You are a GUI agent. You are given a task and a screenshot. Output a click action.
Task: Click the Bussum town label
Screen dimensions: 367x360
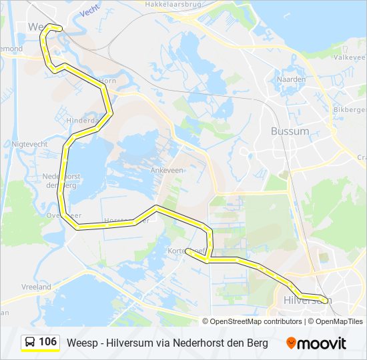pos(290,131)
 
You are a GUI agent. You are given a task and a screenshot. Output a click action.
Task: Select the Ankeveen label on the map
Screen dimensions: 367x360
pos(166,170)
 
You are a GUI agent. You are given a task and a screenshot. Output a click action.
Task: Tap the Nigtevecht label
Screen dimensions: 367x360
pos(28,143)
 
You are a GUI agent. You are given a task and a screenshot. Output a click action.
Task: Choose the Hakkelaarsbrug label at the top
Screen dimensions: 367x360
pos(171,4)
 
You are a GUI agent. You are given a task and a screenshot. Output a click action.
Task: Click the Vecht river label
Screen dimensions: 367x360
pos(89,13)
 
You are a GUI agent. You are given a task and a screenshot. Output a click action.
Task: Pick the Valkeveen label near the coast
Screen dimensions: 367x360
pos(351,58)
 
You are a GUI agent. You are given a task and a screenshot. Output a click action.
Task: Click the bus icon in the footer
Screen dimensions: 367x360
pos(30,343)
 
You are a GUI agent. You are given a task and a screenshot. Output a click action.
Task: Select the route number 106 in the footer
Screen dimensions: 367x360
pos(47,342)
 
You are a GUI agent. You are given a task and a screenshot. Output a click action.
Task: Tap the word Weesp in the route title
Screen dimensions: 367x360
pos(81,343)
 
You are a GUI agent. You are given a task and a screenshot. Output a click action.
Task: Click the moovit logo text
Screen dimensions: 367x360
pos(322,343)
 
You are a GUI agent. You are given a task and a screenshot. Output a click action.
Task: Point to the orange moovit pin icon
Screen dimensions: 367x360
pos(291,343)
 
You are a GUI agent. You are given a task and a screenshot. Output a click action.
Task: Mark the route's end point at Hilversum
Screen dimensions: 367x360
pos(326,299)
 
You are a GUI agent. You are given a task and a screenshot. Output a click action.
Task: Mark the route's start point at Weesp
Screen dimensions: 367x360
pos(61,28)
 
